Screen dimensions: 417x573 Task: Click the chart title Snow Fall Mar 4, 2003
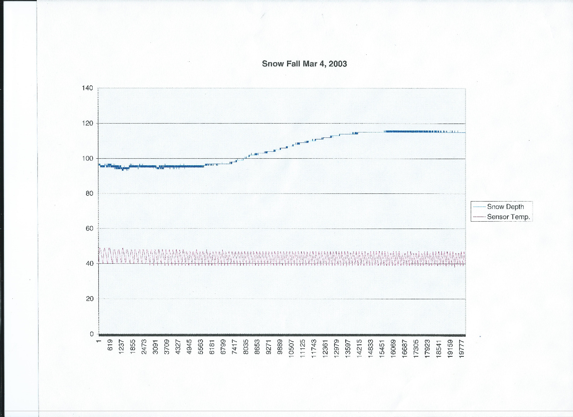coord(304,64)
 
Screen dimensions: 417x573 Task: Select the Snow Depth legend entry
coord(505,207)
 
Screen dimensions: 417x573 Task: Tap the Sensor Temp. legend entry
coord(508,217)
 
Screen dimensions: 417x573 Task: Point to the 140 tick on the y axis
coord(88,88)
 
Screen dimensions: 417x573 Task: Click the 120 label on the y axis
coord(88,123)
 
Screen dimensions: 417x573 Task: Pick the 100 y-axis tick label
coord(88,158)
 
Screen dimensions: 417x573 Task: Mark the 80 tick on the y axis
coord(90,193)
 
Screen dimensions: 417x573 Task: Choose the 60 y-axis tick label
coord(90,229)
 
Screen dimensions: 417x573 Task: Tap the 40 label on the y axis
coord(90,264)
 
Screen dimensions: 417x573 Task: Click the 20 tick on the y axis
coord(90,299)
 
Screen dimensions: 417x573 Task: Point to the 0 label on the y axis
coord(91,334)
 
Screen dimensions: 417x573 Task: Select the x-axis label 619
coord(110,345)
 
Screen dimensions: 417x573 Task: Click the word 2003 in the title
coord(338,64)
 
